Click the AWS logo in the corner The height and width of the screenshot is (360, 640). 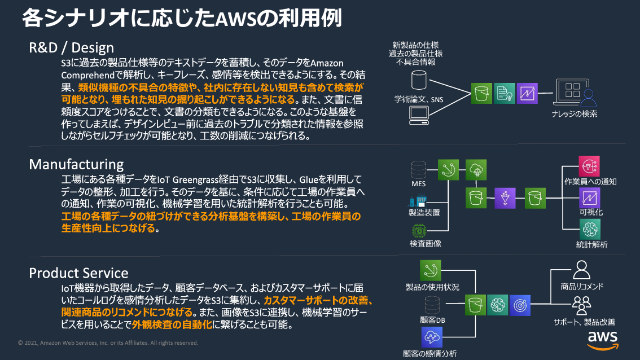pyautogui.click(x=602, y=339)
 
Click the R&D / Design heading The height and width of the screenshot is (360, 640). pyautogui.click(x=71, y=47)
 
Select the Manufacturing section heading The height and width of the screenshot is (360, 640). pyautogui.click(x=76, y=164)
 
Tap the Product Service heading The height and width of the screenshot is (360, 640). pyautogui.click(x=78, y=273)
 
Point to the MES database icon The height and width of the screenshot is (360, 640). pyautogui.click(x=419, y=169)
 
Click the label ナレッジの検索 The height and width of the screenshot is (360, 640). pyautogui.click(x=574, y=114)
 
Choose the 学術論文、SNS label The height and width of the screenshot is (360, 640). pyautogui.click(x=418, y=99)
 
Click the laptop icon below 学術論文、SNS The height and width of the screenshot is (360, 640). pyautogui.click(x=418, y=115)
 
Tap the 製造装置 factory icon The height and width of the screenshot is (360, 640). pyautogui.click(x=418, y=201)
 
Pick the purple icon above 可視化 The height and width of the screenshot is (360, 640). pyautogui.click(x=590, y=198)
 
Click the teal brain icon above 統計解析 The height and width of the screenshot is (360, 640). pyautogui.click(x=590, y=229)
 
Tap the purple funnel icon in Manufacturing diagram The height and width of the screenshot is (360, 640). pyautogui.click(x=505, y=198)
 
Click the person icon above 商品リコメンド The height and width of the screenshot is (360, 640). pyautogui.click(x=581, y=270)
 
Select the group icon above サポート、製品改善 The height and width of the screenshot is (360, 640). pyautogui.click(x=581, y=305)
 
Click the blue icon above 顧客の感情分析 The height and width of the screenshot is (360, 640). pyautogui.click(x=432, y=337)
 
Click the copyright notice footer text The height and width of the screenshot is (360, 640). pyautogui.click(x=108, y=343)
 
